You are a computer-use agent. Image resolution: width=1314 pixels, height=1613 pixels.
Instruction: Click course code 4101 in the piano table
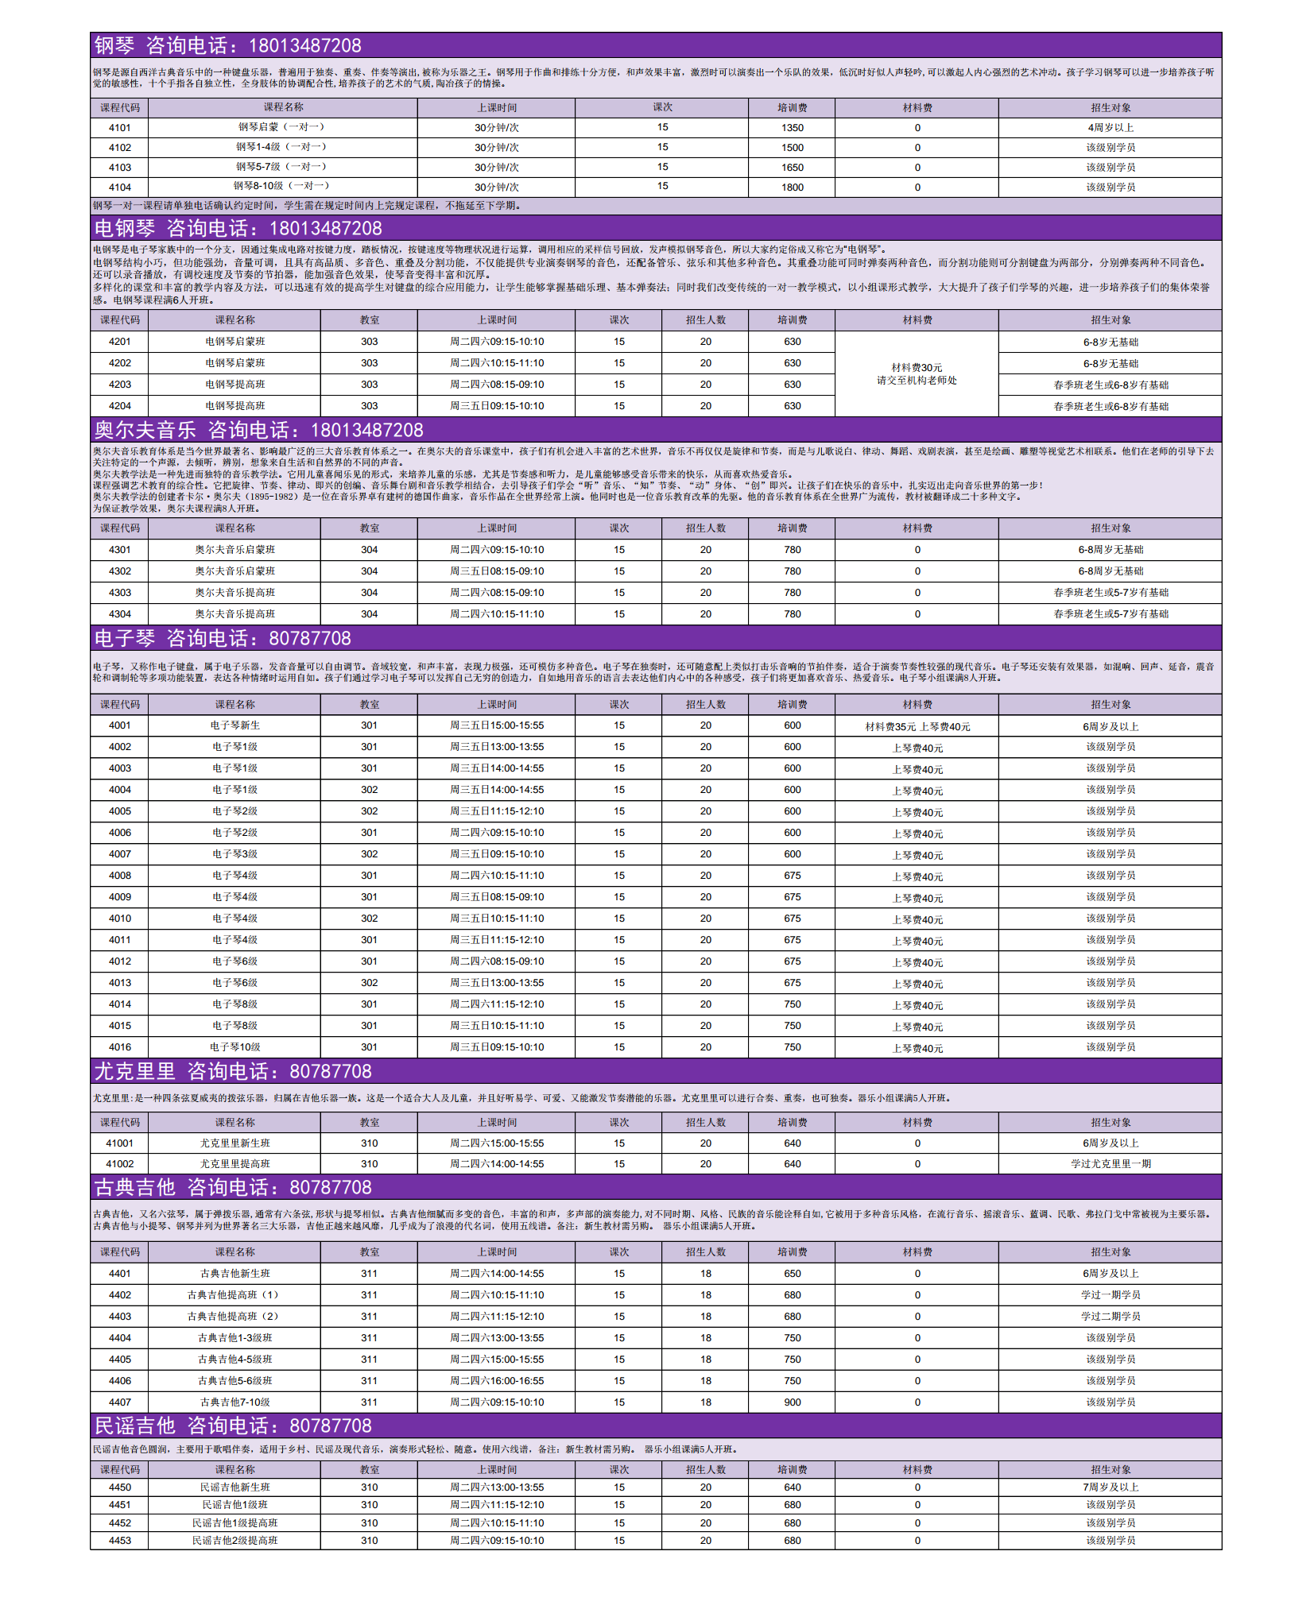pyautogui.click(x=120, y=128)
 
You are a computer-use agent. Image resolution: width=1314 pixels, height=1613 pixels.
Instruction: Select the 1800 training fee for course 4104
pyautogui.click(x=792, y=188)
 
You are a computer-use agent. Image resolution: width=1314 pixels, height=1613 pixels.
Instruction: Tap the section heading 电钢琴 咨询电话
pyautogui.click(x=238, y=229)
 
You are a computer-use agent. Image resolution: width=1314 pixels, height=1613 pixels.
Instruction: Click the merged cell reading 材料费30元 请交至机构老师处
pyautogui.click(x=917, y=374)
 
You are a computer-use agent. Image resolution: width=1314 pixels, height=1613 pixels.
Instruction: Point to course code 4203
pyautogui.click(x=120, y=385)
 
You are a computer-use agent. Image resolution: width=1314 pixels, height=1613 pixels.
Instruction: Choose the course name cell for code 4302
pyautogui.click(x=235, y=571)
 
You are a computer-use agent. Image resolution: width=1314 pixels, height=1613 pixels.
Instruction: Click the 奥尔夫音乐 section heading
pyautogui.click(x=258, y=431)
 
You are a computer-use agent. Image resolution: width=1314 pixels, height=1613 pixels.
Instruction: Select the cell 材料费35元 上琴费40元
pyautogui.click(x=917, y=726)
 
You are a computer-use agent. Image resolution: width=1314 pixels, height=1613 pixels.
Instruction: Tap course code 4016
pyautogui.click(x=120, y=1047)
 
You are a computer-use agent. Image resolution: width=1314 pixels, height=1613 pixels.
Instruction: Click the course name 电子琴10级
pyautogui.click(x=235, y=1047)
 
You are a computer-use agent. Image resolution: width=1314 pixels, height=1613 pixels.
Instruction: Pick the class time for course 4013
pyautogui.click(x=497, y=983)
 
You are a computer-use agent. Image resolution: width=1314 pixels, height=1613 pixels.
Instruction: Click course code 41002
pyautogui.click(x=120, y=1164)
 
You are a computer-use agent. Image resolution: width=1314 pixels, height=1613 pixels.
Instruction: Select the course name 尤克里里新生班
pyautogui.click(x=235, y=1143)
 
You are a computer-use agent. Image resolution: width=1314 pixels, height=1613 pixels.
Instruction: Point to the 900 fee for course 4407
pyautogui.click(x=792, y=1402)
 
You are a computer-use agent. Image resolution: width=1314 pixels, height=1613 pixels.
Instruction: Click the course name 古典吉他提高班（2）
pyautogui.click(x=235, y=1317)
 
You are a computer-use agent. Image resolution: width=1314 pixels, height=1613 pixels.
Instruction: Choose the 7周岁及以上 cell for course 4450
pyautogui.click(x=1111, y=1487)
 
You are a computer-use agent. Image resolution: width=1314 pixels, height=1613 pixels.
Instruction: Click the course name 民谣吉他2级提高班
pyautogui.click(x=235, y=1541)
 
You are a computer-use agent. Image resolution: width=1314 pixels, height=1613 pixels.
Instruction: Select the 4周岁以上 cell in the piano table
pyautogui.click(x=1111, y=128)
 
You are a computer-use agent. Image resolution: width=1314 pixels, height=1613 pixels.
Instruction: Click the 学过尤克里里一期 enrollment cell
pyautogui.click(x=1111, y=1164)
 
